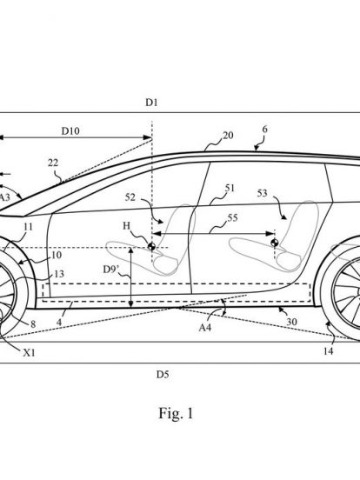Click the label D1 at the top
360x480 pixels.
click(x=151, y=103)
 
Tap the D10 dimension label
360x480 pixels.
click(x=70, y=131)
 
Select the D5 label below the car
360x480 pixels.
click(x=163, y=374)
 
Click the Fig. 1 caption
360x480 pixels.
click(x=176, y=413)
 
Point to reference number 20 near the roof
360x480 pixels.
click(x=228, y=135)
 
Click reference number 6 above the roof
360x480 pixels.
click(x=265, y=130)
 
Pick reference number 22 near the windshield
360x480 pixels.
click(x=53, y=163)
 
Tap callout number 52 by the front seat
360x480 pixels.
click(x=130, y=197)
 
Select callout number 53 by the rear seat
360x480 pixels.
click(x=263, y=193)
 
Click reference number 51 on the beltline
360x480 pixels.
click(x=230, y=188)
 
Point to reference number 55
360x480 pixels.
click(x=233, y=217)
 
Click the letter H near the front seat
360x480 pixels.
click(x=126, y=226)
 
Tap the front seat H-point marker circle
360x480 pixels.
click(x=151, y=246)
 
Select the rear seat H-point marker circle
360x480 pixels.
click(x=275, y=243)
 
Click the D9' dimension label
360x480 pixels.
click(x=110, y=269)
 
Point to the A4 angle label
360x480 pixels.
click(x=205, y=328)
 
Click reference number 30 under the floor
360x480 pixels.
click(x=291, y=322)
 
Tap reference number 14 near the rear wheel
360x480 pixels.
click(x=328, y=351)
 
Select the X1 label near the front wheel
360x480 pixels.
click(x=30, y=353)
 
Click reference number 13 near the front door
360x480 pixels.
click(x=59, y=273)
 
